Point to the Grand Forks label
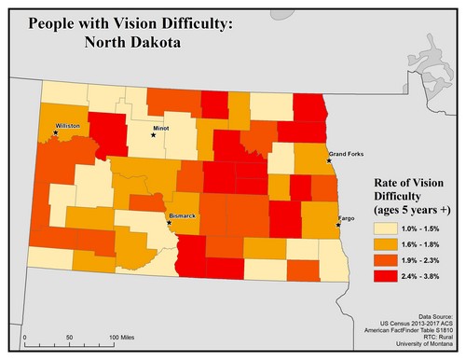pos(346,153)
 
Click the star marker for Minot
pos(154,134)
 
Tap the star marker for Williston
pos(56,132)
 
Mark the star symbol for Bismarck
pos(169,222)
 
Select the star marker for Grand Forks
pos(328,160)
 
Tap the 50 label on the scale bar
pos(70,335)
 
